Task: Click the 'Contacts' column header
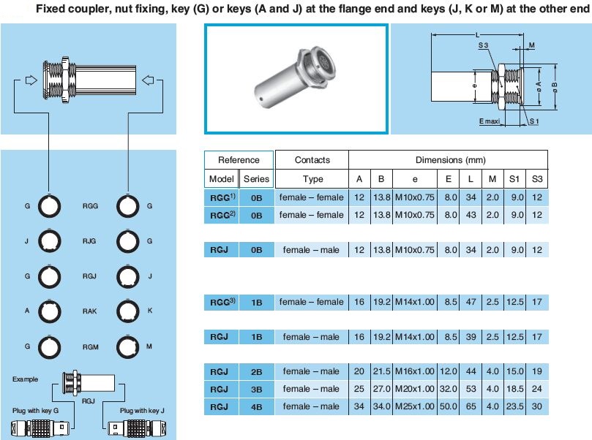(x=312, y=160)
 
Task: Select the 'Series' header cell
(x=256, y=179)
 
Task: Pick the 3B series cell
(x=256, y=389)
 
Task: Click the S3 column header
(x=538, y=179)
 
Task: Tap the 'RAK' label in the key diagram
(x=90, y=311)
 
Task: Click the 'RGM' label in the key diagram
(x=90, y=346)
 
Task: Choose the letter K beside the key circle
(x=149, y=311)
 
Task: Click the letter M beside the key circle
(x=149, y=346)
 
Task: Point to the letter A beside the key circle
(x=27, y=311)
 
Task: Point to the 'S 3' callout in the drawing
(x=483, y=45)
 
